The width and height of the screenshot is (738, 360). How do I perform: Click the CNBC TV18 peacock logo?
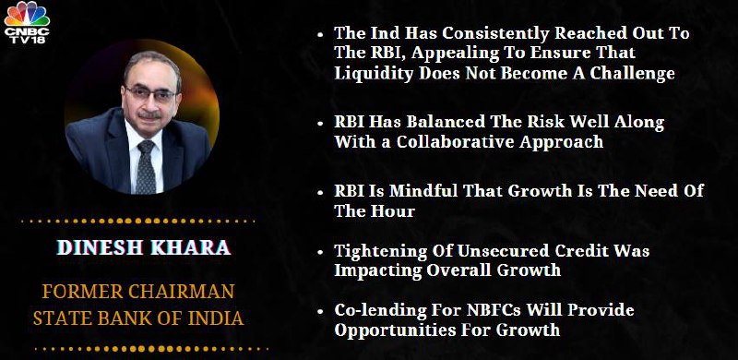point(27,22)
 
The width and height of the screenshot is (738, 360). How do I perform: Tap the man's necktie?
point(146,167)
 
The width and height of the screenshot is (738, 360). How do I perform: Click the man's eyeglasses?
point(150,93)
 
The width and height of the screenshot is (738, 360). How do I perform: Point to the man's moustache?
point(149,114)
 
